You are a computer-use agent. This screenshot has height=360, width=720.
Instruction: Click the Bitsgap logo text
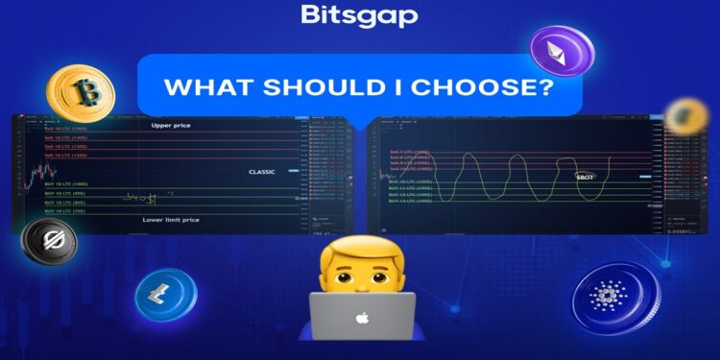coord(359,16)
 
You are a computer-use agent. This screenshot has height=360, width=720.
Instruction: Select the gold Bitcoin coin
coord(86,93)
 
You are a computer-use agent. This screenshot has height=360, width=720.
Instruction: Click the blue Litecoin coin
coord(165,295)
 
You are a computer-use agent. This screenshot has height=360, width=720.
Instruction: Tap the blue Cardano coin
coord(615,299)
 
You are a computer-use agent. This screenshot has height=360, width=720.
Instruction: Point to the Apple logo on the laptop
coord(361,318)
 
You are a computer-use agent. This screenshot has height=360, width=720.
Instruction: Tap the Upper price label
coord(171,126)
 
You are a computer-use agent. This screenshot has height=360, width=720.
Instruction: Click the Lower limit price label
coord(170,220)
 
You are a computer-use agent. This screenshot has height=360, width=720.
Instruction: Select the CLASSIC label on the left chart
coord(261,173)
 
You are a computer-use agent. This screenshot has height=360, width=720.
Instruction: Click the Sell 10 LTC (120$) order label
coord(66,155)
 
